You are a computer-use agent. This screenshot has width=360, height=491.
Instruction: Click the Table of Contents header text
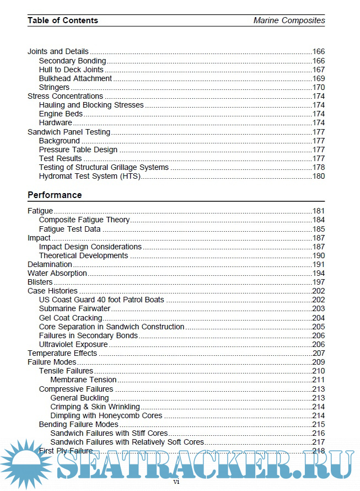(x=63, y=20)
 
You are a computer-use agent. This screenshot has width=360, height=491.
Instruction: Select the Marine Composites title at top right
(x=289, y=20)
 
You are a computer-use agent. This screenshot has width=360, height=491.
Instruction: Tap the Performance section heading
(x=55, y=195)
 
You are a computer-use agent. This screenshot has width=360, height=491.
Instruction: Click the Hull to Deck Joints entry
(x=71, y=70)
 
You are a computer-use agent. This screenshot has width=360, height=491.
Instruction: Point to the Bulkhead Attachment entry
(x=76, y=78)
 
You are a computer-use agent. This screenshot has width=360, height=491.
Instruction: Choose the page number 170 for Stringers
(x=319, y=87)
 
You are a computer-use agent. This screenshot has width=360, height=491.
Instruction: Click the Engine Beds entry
(x=61, y=114)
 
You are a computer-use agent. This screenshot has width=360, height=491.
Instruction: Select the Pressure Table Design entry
(x=78, y=150)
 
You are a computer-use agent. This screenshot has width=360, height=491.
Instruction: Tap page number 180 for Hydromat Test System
(x=319, y=176)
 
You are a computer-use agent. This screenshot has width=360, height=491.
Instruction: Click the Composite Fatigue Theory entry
(x=84, y=220)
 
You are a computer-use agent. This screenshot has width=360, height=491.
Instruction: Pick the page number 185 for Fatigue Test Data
(x=319, y=229)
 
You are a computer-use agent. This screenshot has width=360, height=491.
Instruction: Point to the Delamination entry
(x=50, y=264)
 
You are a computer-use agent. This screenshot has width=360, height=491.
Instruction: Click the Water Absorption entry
(x=57, y=273)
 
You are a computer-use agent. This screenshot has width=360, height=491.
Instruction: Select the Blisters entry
(x=40, y=282)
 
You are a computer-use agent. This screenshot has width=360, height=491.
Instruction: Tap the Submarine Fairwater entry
(x=74, y=309)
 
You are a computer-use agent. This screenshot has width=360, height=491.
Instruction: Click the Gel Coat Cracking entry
(x=71, y=318)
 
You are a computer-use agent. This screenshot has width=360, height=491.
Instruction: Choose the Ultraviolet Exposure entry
(x=73, y=344)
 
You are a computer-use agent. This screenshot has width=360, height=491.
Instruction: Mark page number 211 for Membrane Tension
(x=319, y=380)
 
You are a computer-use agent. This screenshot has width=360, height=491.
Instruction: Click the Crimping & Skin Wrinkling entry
(x=95, y=407)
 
